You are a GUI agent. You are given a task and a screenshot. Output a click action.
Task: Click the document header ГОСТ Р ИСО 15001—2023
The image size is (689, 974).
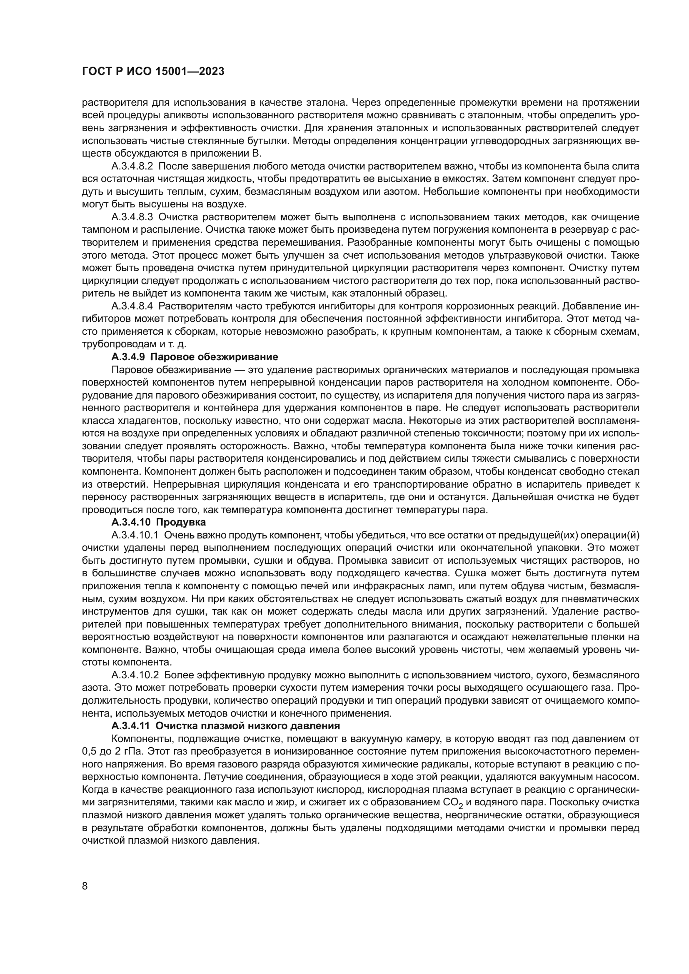click(153, 72)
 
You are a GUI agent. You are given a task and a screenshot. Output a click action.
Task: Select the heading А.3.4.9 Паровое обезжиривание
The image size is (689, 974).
click(194, 356)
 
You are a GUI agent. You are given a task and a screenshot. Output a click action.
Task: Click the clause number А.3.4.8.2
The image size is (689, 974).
click(132, 166)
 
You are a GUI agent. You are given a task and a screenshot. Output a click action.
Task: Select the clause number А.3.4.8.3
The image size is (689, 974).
click(132, 217)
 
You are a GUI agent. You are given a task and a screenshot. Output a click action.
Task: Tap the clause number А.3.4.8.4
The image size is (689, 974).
click(132, 306)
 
